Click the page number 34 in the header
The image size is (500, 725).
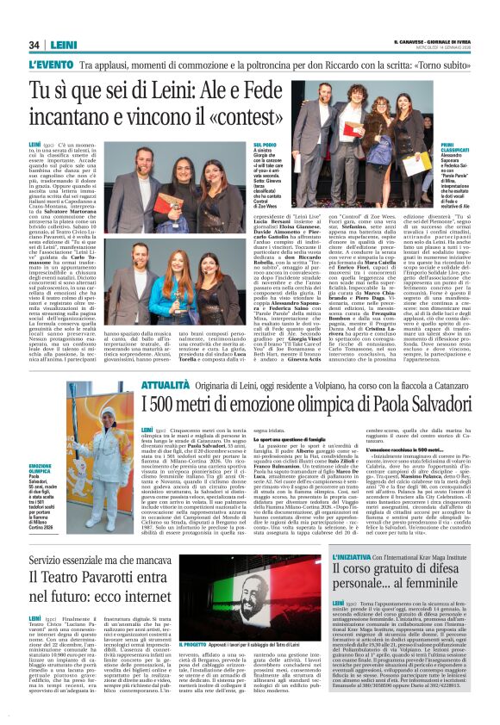34,45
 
